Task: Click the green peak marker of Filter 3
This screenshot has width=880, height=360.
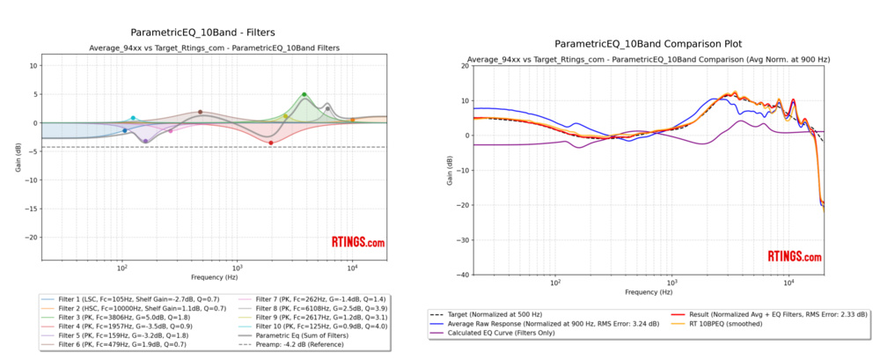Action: [x=304, y=94]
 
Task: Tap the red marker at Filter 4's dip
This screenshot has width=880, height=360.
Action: [x=270, y=143]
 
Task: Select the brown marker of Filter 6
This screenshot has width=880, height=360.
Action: [x=201, y=112]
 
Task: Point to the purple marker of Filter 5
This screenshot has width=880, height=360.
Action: [x=145, y=141]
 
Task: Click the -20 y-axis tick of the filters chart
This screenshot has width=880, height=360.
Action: [x=32, y=237]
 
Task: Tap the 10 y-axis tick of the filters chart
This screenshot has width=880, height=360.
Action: [x=33, y=66]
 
